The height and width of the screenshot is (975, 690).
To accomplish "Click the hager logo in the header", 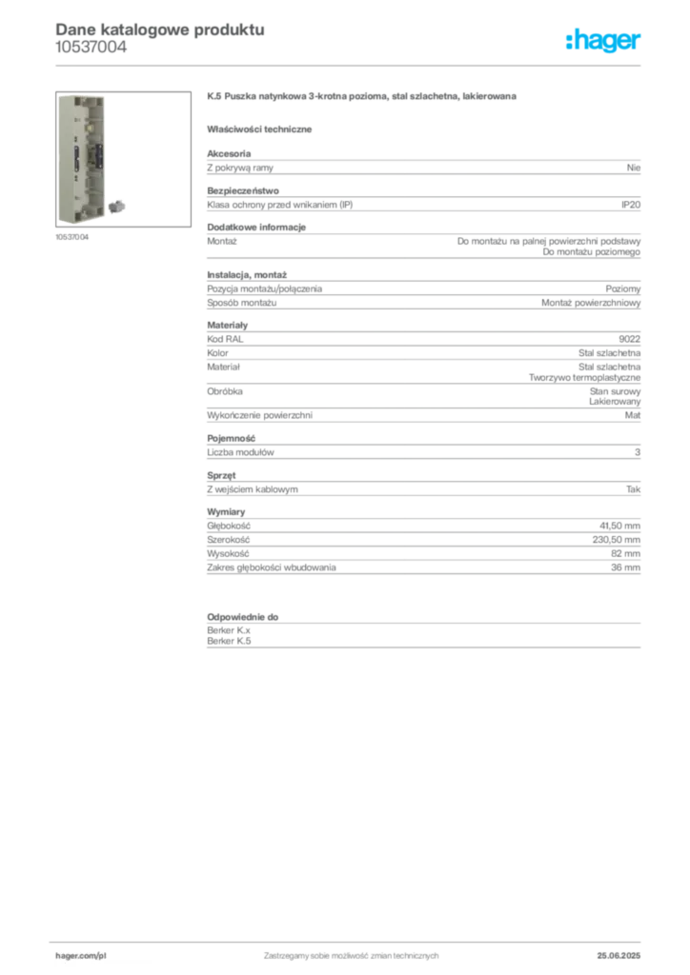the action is pyautogui.click(x=603, y=40).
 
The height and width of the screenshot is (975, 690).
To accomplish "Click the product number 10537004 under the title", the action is pyautogui.click(x=91, y=48).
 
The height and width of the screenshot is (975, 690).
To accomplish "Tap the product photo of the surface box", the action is pyautogui.click(x=123, y=159).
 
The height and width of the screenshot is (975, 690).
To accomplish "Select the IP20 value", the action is pyautogui.click(x=631, y=205).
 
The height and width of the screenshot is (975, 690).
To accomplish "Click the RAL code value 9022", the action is pyautogui.click(x=630, y=339).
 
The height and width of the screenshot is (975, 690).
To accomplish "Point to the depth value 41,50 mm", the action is pyautogui.click(x=619, y=526).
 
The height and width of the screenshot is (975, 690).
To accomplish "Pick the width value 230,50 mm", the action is pyautogui.click(x=616, y=540).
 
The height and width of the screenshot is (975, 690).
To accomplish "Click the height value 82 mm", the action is pyautogui.click(x=625, y=553).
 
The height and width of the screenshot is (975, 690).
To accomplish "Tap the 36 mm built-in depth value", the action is pyautogui.click(x=625, y=567).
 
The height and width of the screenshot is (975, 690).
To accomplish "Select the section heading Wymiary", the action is pyautogui.click(x=226, y=511).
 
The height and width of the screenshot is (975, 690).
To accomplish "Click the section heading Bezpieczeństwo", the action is pyautogui.click(x=243, y=190).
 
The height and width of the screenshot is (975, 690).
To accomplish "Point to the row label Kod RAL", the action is pyautogui.click(x=225, y=339).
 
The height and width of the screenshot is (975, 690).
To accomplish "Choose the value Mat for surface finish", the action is pyautogui.click(x=633, y=415).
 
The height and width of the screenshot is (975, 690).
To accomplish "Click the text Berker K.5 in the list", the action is pyautogui.click(x=229, y=641).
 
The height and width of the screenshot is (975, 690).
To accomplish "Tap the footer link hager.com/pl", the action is pyautogui.click(x=81, y=956).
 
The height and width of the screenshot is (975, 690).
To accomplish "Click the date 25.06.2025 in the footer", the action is pyautogui.click(x=619, y=956).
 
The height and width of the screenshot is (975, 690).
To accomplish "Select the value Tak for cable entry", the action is pyautogui.click(x=634, y=489).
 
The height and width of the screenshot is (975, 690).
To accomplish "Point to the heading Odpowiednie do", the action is pyautogui.click(x=243, y=617).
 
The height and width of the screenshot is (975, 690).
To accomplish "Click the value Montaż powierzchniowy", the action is pyautogui.click(x=591, y=303).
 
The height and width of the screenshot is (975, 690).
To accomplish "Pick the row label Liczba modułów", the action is pyautogui.click(x=240, y=452).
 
